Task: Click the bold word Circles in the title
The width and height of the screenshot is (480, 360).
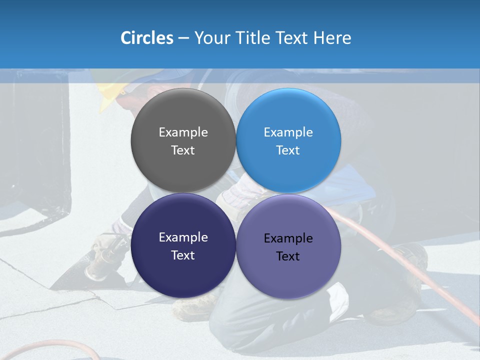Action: pos(146,38)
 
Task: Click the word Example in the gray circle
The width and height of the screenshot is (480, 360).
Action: pos(183,132)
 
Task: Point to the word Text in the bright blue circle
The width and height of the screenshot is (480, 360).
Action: pos(288,150)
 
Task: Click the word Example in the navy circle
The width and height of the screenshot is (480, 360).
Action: pos(183,237)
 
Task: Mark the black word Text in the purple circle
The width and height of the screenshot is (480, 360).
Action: pos(288,256)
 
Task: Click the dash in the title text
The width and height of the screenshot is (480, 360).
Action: pos(183,38)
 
